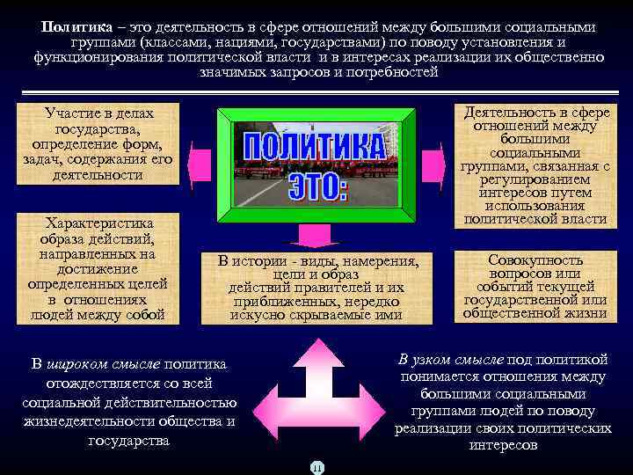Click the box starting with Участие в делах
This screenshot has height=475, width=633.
coord(98,144)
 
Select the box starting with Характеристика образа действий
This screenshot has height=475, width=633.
coord(98,269)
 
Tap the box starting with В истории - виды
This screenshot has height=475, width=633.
coord(318,287)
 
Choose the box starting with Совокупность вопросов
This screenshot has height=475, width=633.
coord(535,286)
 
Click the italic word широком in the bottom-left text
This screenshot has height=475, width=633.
coord(103,364)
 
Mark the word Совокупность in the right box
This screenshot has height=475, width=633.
coord(535,260)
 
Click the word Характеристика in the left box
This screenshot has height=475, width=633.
coord(99,223)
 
